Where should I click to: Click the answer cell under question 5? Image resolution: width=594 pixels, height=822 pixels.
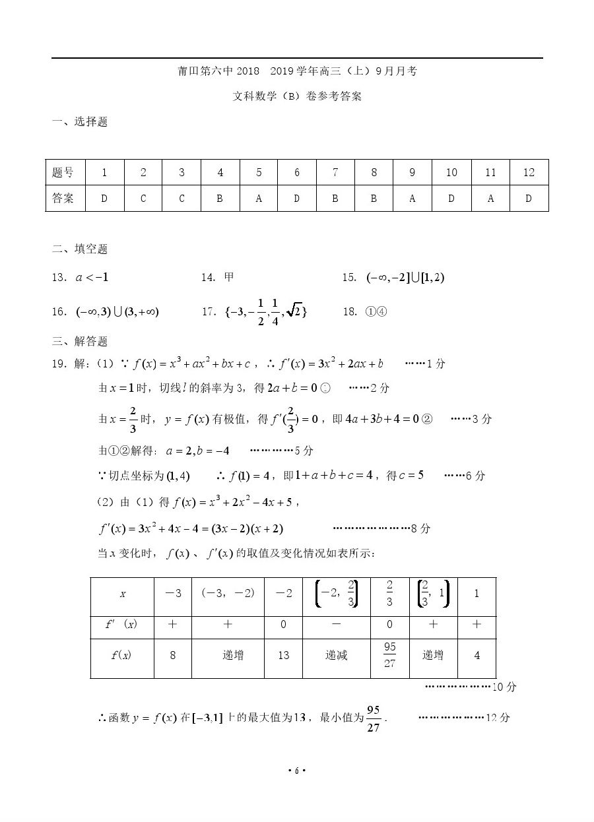[258, 198]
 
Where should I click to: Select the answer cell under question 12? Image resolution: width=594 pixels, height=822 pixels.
[528, 198]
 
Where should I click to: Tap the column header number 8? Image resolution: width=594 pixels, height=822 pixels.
[374, 172]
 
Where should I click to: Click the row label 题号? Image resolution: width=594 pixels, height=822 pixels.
[63, 172]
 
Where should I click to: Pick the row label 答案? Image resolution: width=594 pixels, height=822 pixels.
[63, 198]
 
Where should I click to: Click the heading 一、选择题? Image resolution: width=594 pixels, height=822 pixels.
[80, 121]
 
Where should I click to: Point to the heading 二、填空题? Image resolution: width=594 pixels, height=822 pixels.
[80, 249]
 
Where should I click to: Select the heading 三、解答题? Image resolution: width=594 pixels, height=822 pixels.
[80, 341]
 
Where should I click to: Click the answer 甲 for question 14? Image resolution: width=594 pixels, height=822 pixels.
[229, 277]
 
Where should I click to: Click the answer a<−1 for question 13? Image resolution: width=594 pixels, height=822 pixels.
[92, 277]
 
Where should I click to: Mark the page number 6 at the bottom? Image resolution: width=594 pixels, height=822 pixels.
[297, 771]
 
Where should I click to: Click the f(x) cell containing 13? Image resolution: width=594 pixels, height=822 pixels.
[283, 655]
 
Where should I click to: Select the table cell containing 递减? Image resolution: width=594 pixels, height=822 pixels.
[337, 655]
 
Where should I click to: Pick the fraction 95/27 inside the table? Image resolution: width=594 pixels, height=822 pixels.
[389, 655]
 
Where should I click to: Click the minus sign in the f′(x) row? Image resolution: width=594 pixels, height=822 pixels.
[337, 624]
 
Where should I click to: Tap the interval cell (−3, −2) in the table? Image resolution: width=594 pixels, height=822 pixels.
[228, 593]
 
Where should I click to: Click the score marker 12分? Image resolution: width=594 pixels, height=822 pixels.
[498, 718]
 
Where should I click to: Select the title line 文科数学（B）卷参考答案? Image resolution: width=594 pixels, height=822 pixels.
[297, 96]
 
